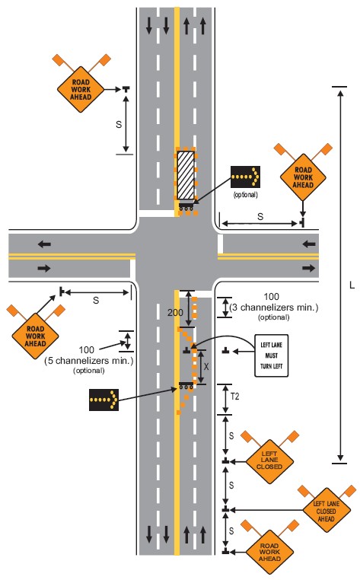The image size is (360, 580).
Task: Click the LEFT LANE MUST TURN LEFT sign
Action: (x=271, y=356)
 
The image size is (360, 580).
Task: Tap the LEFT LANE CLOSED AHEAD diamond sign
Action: (x=326, y=511)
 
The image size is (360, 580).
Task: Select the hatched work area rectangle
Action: (x=186, y=175)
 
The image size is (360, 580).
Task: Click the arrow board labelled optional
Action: (x=245, y=177)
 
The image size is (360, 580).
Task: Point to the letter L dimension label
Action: (x=352, y=285)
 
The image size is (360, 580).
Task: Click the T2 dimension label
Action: (x=235, y=397)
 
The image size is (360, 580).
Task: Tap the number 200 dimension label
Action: (x=175, y=313)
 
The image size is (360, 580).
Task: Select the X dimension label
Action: (x=206, y=367)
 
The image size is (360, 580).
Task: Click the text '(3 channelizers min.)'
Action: (x=274, y=308)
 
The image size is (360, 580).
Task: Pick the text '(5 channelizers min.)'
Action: (x=89, y=361)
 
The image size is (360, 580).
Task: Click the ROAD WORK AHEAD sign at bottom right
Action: (x=269, y=552)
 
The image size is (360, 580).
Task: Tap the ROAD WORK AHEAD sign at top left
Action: (x=81, y=90)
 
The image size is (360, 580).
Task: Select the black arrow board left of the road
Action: (x=104, y=400)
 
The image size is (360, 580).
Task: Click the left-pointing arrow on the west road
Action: (x=44, y=244)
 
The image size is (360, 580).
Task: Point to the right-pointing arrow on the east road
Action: (x=308, y=268)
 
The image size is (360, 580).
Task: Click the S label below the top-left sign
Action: (x=119, y=125)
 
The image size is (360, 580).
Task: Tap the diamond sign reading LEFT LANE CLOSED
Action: (x=269, y=460)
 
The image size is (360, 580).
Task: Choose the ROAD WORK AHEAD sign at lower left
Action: (x=35, y=336)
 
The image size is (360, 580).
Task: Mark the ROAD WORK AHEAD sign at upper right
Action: (x=303, y=177)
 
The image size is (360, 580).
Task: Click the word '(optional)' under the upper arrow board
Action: (x=245, y=195)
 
